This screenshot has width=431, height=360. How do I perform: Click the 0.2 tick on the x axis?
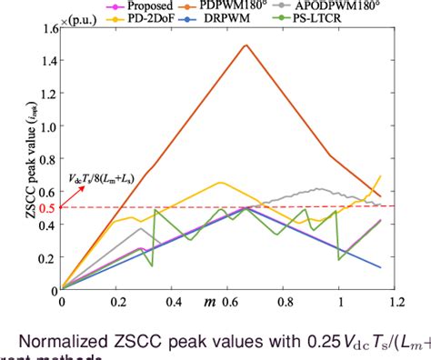117,299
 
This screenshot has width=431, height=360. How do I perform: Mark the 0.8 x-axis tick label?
285,299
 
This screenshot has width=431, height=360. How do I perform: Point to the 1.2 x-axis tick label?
396,299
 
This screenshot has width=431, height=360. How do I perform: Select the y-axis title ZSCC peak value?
12,155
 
